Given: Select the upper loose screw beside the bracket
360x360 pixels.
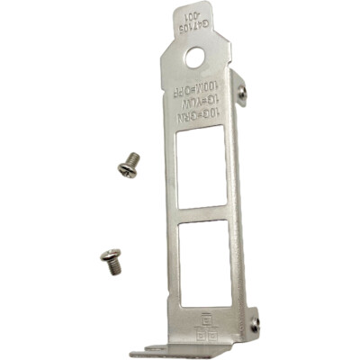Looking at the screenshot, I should [129, 165].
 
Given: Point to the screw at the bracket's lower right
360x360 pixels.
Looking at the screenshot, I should [256, 324].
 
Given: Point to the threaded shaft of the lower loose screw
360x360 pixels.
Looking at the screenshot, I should [114, 264].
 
